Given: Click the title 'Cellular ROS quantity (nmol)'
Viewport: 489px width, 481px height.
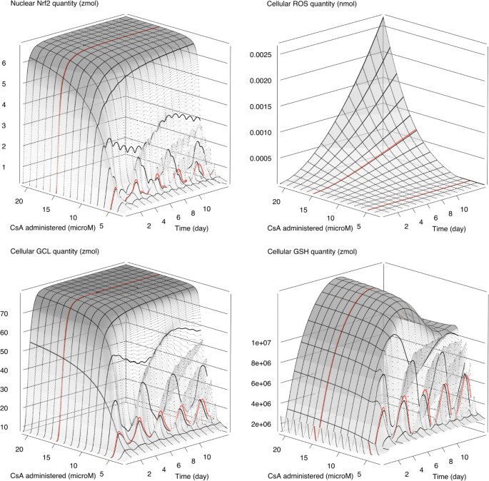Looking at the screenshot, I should point(292,7).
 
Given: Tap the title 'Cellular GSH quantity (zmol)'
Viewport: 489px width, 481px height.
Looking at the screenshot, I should point(292,250).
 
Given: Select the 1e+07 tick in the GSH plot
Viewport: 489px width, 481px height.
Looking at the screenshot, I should point(263,343).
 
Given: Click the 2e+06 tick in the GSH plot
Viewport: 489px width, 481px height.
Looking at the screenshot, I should point(263,425).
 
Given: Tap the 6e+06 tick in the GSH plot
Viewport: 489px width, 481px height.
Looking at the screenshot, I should point(263,384).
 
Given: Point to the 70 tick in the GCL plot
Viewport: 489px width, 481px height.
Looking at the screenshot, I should point(13,313).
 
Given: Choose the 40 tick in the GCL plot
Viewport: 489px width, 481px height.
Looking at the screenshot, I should point(13,370).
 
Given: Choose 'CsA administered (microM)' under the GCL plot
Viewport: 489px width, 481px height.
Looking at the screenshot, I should point(56,474).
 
